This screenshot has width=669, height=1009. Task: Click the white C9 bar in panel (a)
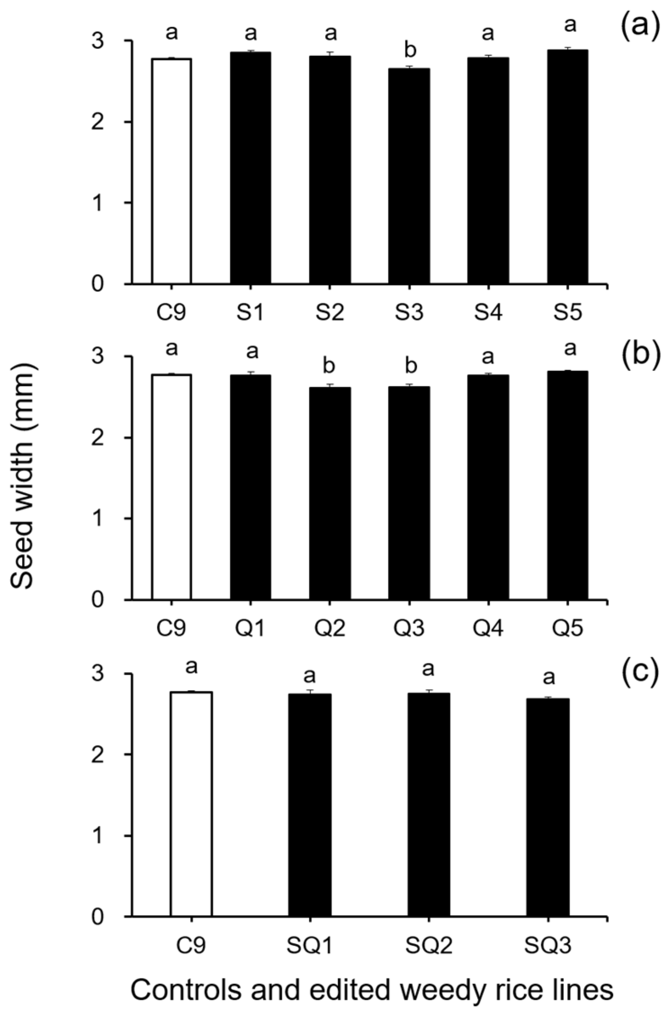(171, 171)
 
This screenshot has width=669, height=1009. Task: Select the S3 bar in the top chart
(409, 176)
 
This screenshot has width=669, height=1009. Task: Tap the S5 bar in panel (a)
(567, 166)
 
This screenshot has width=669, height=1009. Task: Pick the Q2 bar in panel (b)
(330, 493)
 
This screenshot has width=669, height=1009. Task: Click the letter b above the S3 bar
(409, 51)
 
